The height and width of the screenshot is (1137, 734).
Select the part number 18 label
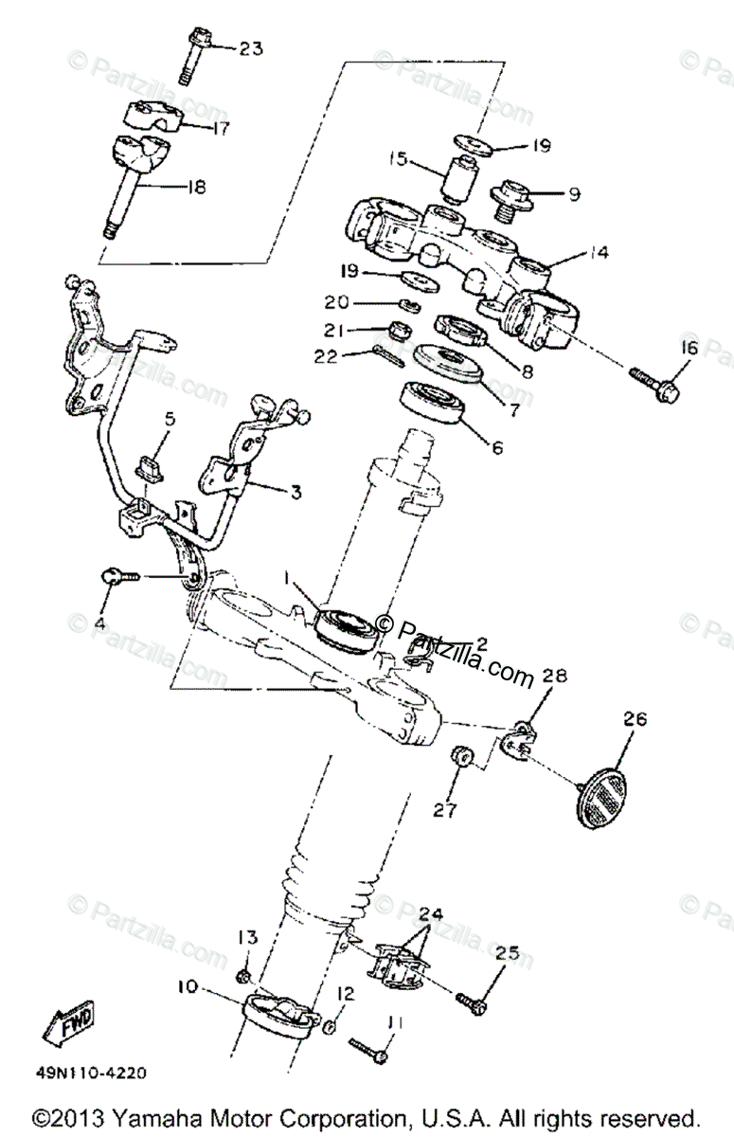coord(196,187)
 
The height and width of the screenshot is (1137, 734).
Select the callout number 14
coord(598,253)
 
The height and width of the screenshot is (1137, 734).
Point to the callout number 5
coord(170,418)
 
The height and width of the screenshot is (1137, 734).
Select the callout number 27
coord(446,810)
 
